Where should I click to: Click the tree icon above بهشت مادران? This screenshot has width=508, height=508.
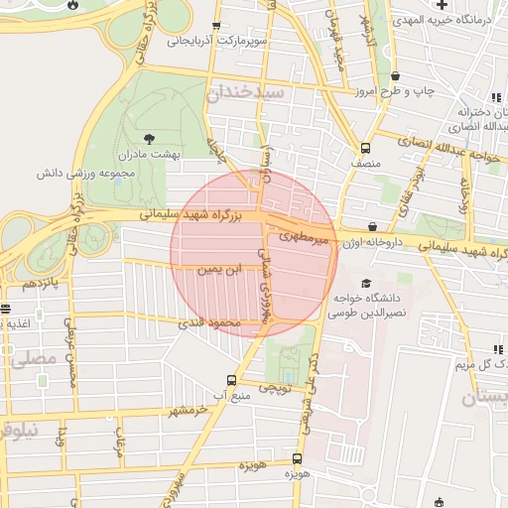[149, 138]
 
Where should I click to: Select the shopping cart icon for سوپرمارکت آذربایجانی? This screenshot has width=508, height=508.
[217, 27]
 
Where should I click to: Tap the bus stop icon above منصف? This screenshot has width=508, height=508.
[365, 145]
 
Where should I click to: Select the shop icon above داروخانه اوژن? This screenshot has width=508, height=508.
[372, 226]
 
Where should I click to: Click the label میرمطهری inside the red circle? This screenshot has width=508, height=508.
[304, 237]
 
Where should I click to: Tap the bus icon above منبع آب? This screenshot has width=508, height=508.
[232, 380]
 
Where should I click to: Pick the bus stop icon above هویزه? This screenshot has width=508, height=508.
[298, 459]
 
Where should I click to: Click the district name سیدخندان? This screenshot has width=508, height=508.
[247, 91]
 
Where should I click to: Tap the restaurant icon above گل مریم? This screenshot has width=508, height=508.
[497, 349]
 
